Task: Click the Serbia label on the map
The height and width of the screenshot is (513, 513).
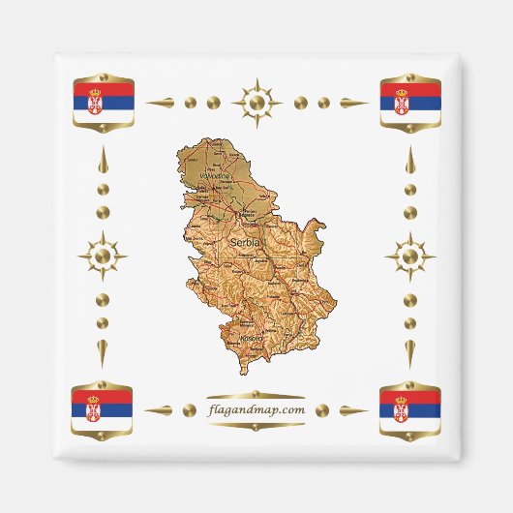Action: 246,243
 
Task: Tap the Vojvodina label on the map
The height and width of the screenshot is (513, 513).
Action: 215,176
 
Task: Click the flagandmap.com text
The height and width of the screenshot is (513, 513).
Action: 256,409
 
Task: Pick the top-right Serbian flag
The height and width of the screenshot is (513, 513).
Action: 410,101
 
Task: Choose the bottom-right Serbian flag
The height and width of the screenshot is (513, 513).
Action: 409,408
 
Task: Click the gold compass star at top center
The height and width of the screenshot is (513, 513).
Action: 256,101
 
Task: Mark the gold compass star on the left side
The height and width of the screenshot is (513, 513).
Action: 103,256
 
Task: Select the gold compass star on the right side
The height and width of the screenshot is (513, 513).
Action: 409,256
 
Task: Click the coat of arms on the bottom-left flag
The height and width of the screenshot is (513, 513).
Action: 94,408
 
